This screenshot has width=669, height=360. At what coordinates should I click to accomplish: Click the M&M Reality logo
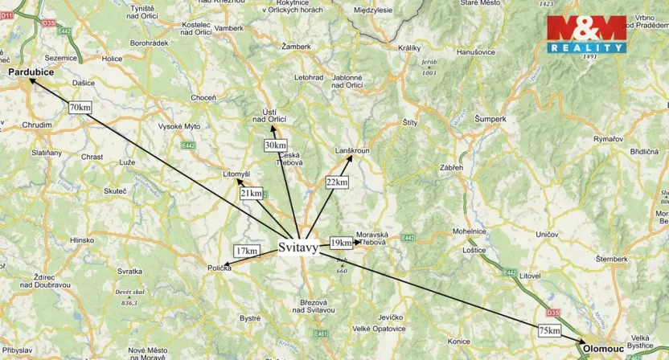tap(586, 34)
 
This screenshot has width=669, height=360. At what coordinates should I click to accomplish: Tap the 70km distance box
tap(80, 107)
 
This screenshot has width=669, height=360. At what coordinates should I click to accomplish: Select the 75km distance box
tap(550, 330)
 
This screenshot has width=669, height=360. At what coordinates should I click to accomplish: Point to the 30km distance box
tap(275, 145)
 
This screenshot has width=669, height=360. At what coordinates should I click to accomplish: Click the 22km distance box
tap(337, 182)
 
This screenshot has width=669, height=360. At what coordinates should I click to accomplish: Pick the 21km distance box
tap(251, 194)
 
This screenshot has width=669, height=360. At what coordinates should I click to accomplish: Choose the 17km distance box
tap(247, 251)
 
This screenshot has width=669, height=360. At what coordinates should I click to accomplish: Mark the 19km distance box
tap(341, 243)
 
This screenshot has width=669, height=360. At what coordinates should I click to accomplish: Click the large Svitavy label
tap(298, 247)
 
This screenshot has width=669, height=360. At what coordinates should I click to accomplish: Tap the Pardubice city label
tap(31, 72)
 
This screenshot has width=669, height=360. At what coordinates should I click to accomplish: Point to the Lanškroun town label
tap(352, 150)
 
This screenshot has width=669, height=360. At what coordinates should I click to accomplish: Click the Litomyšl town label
tap(236, 174)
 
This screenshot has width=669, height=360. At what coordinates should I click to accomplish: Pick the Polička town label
tap(219, 268)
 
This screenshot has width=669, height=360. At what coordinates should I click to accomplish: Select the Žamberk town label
tap(296, 47)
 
